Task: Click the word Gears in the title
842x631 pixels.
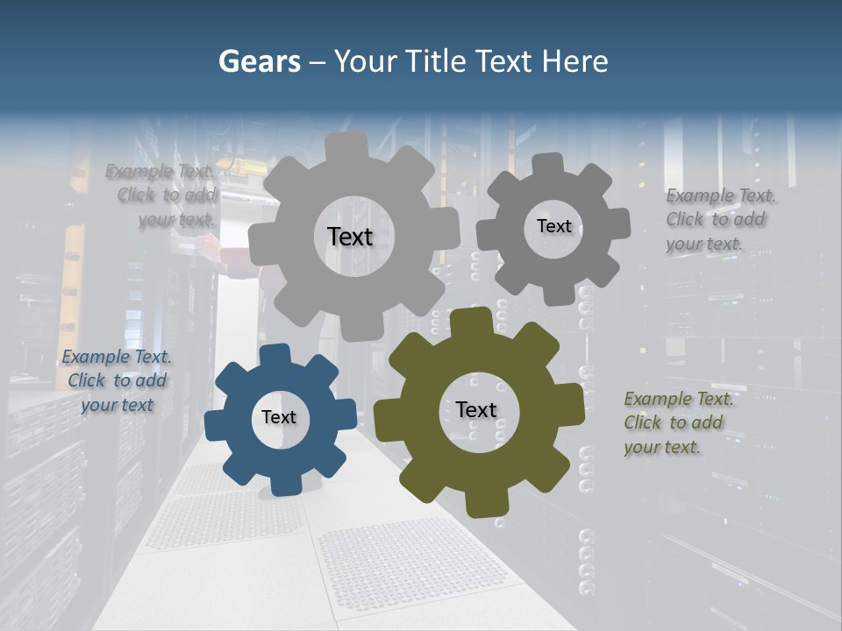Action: (x=259, y=61)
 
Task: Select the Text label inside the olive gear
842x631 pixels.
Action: (x=476, y=409)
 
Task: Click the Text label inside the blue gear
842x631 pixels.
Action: (x=279, y=417)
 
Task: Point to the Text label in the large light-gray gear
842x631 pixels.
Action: (x=350, y=237)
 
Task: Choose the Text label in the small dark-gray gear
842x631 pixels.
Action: (x=553, y=226)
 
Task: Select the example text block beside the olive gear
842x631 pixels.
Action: (x=678, y=423)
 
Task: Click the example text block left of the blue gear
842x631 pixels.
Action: (x=117, y=381)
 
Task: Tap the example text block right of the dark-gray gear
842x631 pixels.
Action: (x=719, y=220)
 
